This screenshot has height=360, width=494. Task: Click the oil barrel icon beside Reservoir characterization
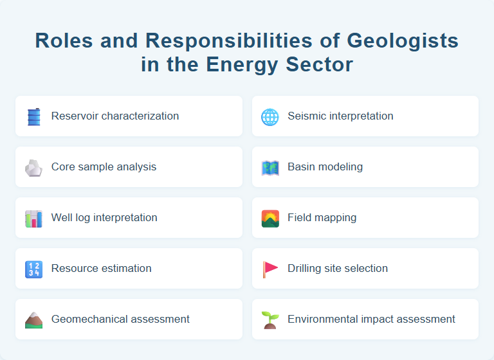[33, 116]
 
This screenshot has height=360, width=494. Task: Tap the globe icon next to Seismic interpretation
[270, 116]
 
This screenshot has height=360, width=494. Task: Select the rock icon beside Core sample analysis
[33, 167]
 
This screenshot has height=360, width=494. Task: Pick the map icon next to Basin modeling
[270, 167]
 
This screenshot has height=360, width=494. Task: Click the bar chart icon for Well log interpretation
[33, 218]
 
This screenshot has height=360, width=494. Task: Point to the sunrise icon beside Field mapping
[270, 218]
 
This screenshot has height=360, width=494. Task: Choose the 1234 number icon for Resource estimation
[33, 269]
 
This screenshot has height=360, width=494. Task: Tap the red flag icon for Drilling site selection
[270, 269]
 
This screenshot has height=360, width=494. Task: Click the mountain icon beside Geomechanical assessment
[33, 319]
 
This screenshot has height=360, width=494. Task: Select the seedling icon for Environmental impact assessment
[270, 319]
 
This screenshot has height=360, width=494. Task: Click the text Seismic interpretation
[340, 116]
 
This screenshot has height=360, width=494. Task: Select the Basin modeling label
[325, 167]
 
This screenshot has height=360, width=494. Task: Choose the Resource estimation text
[102, 269]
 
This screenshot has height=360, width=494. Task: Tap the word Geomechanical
[87, 319]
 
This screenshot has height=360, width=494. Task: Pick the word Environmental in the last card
[320, 319]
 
